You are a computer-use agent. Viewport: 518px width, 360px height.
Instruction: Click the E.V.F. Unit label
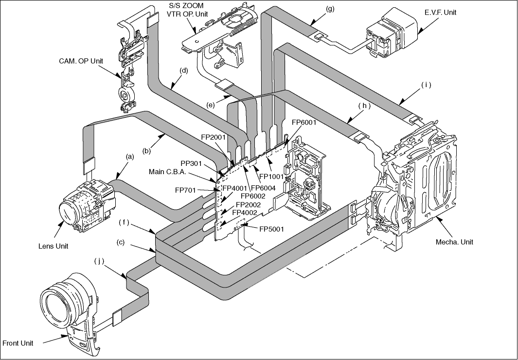point(440,12)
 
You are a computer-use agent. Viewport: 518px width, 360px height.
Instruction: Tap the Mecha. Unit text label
point(454,242)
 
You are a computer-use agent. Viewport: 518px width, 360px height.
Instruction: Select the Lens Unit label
point(53,246)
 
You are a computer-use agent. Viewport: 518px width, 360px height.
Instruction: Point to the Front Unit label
point(18,343)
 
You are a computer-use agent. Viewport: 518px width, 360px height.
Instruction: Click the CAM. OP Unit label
point(81,61)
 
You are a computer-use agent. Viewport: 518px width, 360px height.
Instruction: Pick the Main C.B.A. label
point(167,172)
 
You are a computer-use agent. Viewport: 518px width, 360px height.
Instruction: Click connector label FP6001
point(304,123)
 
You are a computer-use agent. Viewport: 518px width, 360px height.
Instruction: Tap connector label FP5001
point(271,229)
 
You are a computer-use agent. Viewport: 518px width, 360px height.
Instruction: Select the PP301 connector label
point(191,163)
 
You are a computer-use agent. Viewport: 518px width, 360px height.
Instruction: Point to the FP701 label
point(185,190)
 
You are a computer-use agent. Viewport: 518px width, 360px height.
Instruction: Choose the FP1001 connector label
point(271,177)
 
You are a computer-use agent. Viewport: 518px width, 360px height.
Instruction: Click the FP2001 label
point(213,137)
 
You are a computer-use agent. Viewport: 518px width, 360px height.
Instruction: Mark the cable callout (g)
point(330,9)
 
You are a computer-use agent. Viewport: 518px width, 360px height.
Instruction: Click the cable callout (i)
point(426,85)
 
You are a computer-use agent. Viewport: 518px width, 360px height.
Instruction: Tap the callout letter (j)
point(99,261)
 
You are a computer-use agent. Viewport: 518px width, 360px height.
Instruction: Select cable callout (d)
point(184,71)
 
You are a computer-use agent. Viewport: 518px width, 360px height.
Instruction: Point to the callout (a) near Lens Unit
point(130,157)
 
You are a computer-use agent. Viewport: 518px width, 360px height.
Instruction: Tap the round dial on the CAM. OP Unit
point(125,96)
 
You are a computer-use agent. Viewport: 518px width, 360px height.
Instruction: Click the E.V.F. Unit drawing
point(391,33)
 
